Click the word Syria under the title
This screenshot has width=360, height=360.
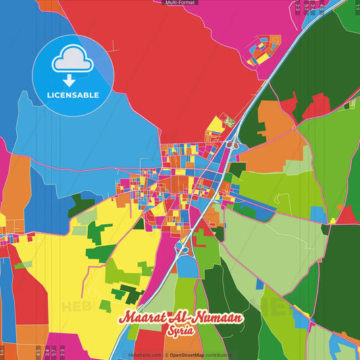point(180,332)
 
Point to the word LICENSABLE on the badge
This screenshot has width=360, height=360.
point(72,95)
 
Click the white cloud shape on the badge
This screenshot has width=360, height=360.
point(72,60)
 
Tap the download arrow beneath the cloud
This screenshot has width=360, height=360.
point(72,78)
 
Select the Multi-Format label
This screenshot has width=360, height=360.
point(180,3)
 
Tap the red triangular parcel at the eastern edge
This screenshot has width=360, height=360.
point(347,215)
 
